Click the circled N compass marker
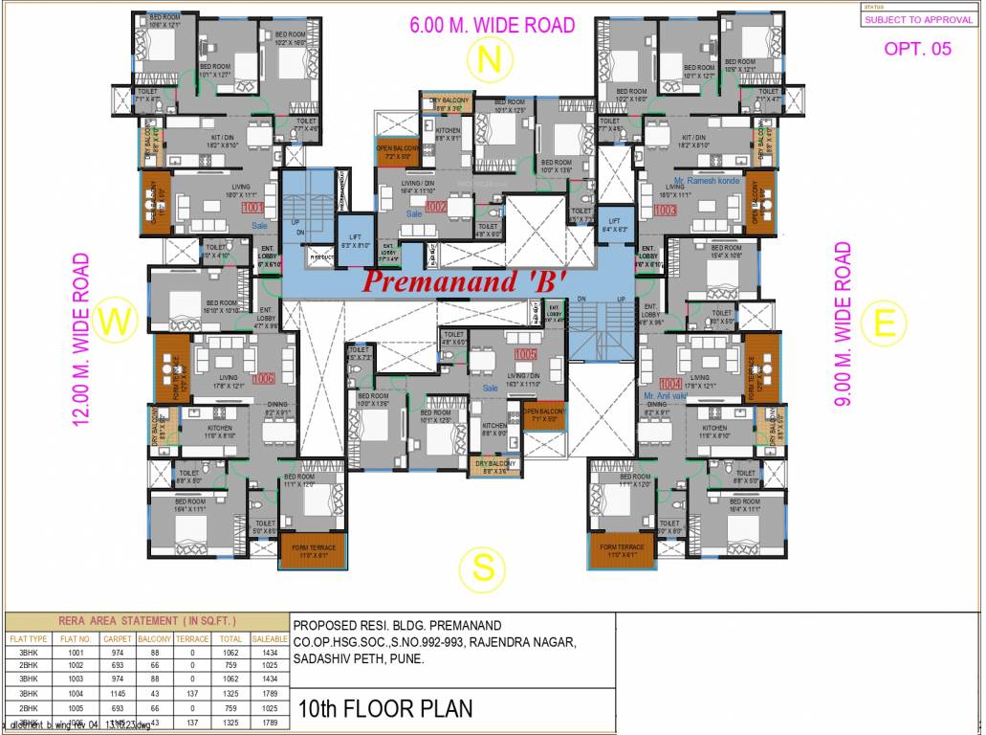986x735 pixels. click(490, 61)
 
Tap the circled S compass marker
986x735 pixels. click(485, 568)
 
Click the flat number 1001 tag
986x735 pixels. click(253, 207)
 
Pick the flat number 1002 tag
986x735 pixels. click(436, 207)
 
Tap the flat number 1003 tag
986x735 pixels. click(666, 210)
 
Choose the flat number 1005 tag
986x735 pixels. click(525, 355)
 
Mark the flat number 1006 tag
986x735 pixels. click(264, 379)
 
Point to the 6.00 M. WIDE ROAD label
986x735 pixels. click(492, 25)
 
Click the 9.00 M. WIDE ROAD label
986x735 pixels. click(843, 323)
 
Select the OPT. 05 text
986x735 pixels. click(917, 49)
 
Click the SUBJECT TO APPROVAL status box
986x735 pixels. click(918, 19)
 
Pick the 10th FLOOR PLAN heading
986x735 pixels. click(384, 709)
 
